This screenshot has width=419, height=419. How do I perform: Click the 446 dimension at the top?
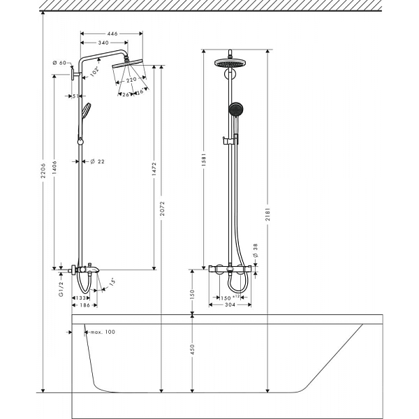click(x=112, y=33)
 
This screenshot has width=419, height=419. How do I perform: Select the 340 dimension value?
click(x=103, y=43)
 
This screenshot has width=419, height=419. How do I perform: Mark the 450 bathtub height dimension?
click(x=192, y=353)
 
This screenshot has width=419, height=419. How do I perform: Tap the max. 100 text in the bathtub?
click(x=102, y=332)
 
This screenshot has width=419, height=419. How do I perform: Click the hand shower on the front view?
click(x=235, y=110)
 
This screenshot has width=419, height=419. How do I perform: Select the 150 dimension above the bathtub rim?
click(x=192, y=297)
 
